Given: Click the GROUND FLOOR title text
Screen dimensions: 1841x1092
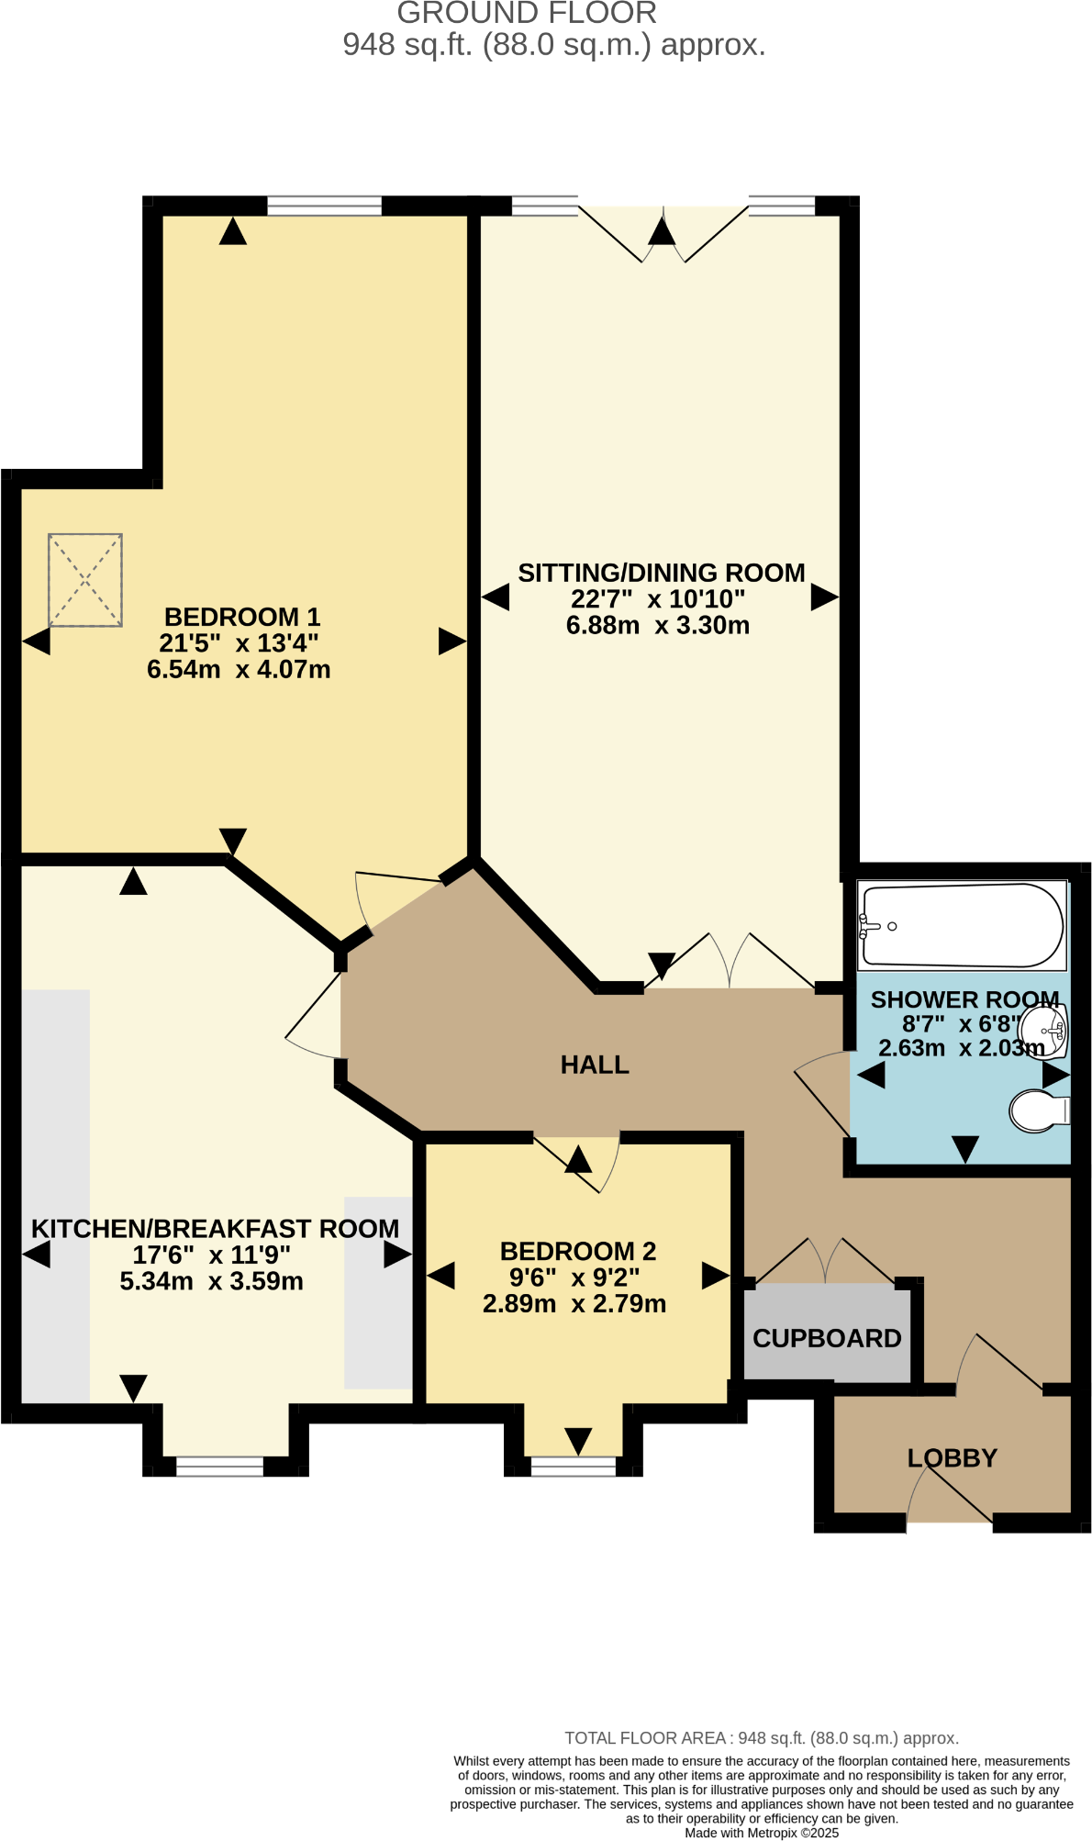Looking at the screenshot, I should (x=527, y=14).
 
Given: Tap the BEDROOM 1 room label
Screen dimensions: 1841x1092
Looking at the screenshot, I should (x=242, y=617).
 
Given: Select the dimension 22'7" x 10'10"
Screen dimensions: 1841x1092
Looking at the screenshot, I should (x=657, y=599).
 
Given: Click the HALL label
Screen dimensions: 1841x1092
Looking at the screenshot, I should (x=595, y=1065).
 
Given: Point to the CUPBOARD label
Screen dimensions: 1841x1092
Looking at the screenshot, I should (x=827, y=1338).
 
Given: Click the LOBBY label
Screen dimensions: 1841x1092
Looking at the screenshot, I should (x=952, y=1457).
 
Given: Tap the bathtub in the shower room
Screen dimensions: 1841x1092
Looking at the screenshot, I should (x=961, y=925).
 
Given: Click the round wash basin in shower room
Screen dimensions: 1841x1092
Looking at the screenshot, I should (x=1045, y=1032).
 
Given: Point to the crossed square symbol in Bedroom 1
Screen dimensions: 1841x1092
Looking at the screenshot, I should (x=85, y=580).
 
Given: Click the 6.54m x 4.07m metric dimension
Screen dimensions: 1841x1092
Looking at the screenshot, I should (x=239, y=669).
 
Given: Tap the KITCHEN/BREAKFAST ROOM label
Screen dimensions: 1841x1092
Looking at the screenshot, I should (x=215, y=1228).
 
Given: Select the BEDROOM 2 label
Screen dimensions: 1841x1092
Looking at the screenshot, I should (x=577, y=1251).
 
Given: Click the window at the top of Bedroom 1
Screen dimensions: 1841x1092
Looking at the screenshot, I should (x=324, y=206).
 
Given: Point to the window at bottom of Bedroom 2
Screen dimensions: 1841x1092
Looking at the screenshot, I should (x=574, y=1466).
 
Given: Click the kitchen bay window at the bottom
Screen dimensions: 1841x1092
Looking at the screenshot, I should (x=219, y=1466).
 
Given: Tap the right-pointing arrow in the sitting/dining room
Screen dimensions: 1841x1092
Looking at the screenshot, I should (x=824, y=597).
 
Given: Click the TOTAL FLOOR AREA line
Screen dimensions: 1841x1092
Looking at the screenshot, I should (x=761, y=1738).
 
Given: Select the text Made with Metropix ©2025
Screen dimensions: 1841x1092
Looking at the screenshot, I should (x=761, y=1833).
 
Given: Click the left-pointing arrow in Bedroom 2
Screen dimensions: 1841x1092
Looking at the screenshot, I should (x=441, y=1276).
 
